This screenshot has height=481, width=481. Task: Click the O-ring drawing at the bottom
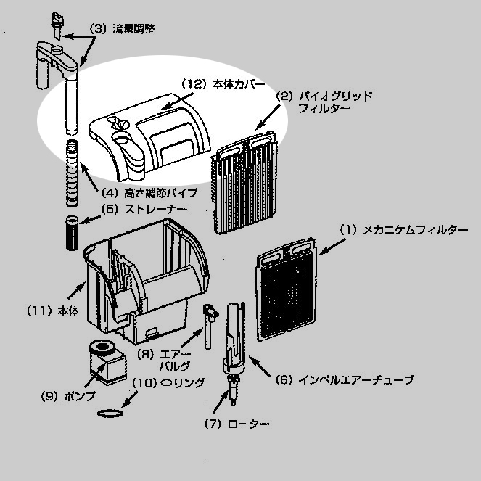[109, 414]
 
